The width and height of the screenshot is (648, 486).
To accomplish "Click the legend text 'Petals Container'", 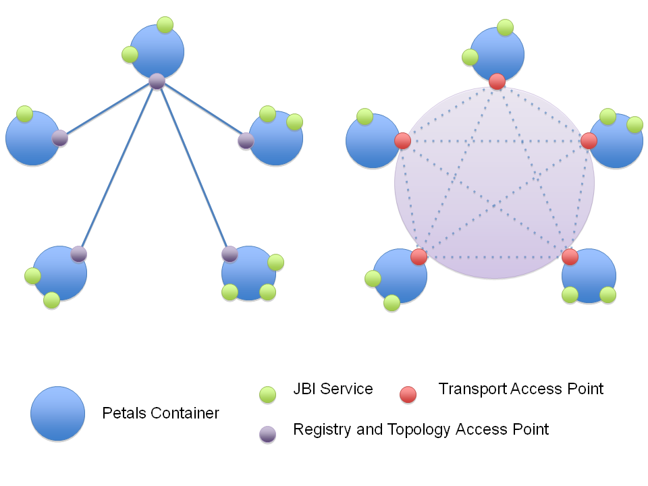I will click(161, 413).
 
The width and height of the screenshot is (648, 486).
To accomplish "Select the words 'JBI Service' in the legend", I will click(333, 389).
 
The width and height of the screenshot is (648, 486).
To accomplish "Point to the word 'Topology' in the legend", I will click(425, 429).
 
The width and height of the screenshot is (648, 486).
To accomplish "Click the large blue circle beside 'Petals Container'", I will click(57, 414).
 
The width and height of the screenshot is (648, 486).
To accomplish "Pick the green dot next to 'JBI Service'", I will click(268, 394).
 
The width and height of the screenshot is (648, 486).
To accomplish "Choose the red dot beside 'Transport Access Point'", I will click(408, 394).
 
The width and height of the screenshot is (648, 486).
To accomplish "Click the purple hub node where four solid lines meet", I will click(157, 81).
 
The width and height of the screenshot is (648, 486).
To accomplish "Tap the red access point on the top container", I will click(497, 81).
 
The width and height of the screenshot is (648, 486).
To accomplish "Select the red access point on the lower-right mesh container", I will click(570, 256).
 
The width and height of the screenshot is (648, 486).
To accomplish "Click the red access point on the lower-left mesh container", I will click(418, 256).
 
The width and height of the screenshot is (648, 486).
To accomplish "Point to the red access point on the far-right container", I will click(589, 140).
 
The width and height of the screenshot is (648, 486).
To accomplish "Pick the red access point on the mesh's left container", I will click(402, 140).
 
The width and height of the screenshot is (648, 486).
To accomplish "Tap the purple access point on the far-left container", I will click(59, 138).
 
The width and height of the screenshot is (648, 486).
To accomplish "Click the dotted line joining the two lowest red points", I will click(494, 257).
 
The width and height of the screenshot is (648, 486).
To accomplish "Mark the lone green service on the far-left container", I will click(25, 114).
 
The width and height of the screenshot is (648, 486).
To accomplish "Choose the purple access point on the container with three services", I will click(230, 254).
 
